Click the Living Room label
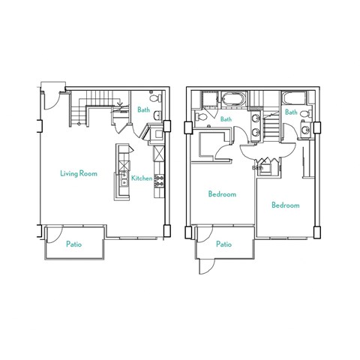[79, 173]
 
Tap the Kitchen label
[142, 178]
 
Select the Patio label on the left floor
[73, 244]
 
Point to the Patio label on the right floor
[223, 244]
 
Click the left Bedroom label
[222, 194]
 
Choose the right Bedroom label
[285, 205]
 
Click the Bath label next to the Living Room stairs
[143, 111]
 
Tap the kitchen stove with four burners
[159, 180]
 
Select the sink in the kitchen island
[121, 180]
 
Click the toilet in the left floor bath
[154, 99]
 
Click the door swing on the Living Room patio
[53, 234]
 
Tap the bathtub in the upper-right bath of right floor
[291, 98]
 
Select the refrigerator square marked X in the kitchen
[159, 154]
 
